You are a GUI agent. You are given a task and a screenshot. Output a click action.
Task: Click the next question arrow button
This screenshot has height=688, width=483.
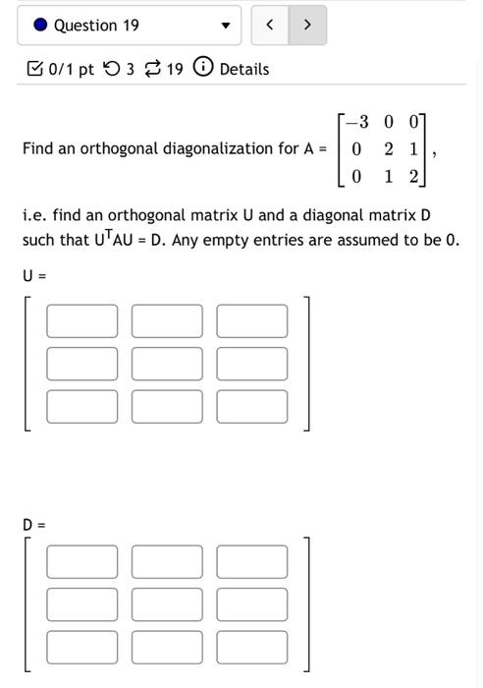click(307, 26)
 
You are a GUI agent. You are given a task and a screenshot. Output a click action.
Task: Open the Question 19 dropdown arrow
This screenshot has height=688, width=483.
click(226, 26)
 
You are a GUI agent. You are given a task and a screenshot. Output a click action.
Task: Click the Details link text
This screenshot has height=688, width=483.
click(244, 69)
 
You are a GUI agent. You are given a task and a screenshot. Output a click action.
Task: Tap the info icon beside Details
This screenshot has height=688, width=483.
click(203, 68)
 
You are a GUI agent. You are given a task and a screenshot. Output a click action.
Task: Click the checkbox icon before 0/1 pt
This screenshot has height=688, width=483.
click(34, 69)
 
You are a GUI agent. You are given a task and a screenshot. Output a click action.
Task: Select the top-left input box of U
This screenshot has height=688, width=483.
click(81, 321)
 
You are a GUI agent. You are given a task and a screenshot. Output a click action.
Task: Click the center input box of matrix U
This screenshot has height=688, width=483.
click(167, 364)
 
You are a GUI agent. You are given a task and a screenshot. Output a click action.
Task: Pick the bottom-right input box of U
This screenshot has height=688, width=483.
click(252, 406)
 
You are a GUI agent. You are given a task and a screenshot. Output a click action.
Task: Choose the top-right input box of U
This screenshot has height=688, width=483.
click(252, 321)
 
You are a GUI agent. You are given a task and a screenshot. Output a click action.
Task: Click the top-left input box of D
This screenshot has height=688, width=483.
click(81, 562)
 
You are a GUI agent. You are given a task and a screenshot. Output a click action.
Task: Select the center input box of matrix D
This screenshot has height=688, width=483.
click(167, 604)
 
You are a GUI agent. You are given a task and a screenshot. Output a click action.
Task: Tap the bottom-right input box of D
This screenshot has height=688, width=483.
click(252, 647)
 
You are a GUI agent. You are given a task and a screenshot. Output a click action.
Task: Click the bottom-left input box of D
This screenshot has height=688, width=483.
click(81, 647)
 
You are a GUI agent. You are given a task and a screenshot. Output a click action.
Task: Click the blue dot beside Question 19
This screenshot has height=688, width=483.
click(40, 26)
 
